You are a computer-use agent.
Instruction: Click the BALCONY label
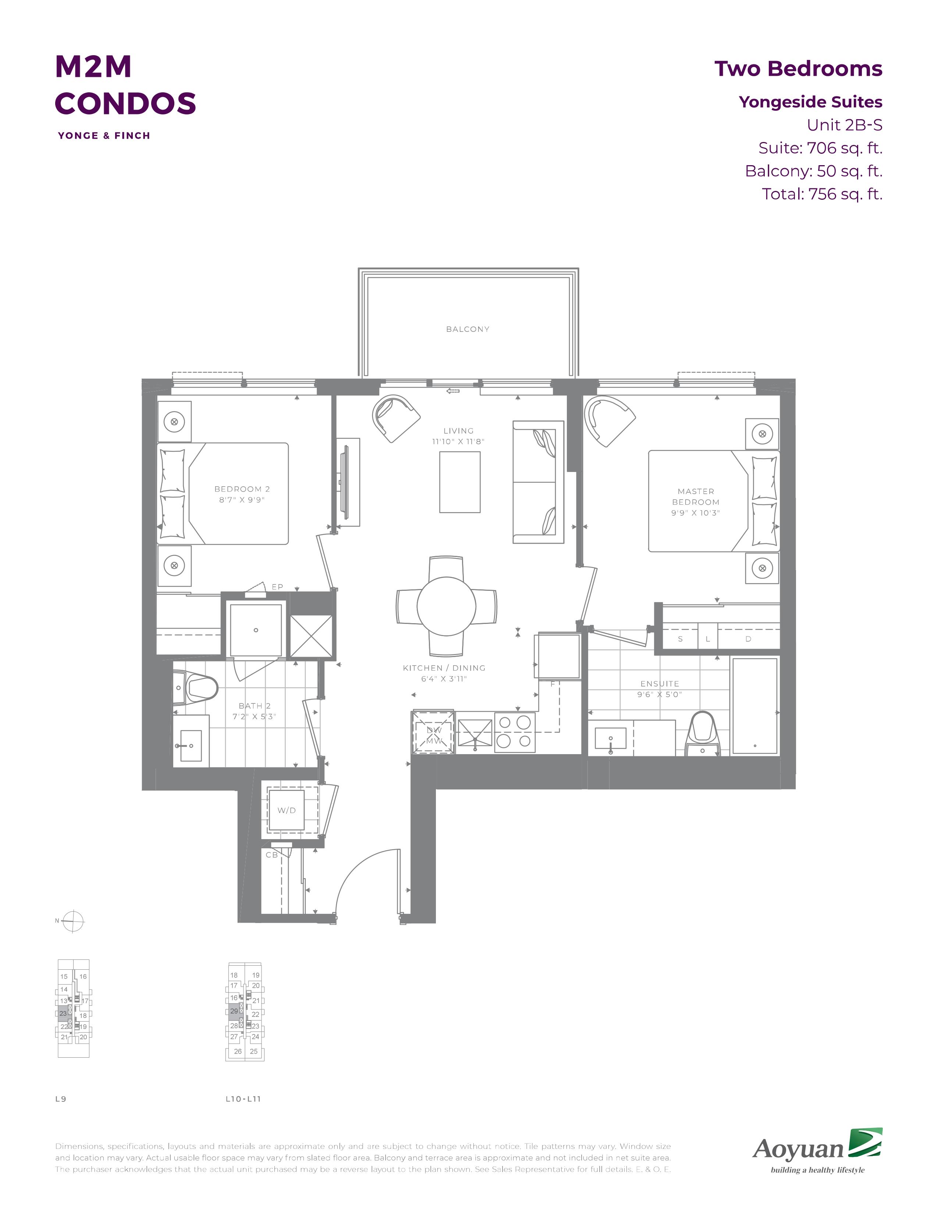[467, 329]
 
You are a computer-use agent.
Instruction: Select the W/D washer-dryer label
[287, 810]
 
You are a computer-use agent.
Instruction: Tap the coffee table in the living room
[459, 482]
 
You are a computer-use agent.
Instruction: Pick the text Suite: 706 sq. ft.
[820, 148]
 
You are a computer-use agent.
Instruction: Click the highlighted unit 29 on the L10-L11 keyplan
[234, 1011]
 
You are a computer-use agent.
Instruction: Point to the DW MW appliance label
[434, 735]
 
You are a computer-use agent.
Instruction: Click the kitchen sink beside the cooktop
[475, 732]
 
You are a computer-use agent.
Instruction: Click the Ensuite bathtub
[754, 706]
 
